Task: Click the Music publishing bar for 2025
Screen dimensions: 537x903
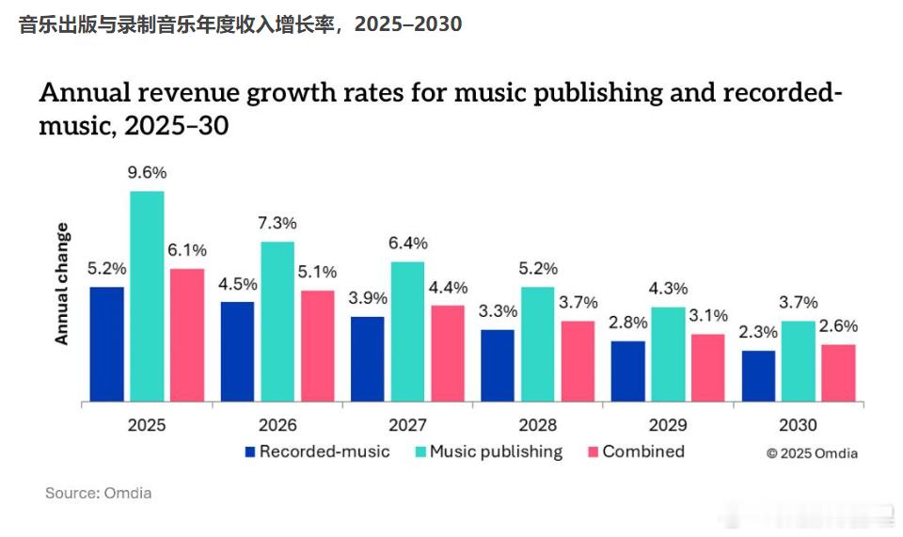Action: click(x=147, y=296)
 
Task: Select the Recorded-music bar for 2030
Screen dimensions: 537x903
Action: click(x=758, y=376)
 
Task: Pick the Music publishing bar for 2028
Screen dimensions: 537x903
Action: click(x=537, y=344)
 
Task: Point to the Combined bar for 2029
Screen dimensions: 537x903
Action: click(x=708, y=368)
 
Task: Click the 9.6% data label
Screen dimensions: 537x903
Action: click(x=147, y=172)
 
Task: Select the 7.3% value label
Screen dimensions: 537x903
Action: click(x=277, y=223)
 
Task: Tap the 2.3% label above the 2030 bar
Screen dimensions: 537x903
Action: click(x=758, y=332)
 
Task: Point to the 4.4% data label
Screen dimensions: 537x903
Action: click(x=448, y=287)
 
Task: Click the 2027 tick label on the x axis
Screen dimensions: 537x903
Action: click(x=407, y=425)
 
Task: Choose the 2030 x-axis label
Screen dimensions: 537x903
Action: click(x=798, y=425)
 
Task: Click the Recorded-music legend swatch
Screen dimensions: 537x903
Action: click(x=249, y=452)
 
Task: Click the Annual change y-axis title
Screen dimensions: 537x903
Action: click(x=62, y=284)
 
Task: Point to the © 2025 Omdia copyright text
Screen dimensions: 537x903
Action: click(x=812, y=453)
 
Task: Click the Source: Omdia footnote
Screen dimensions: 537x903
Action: click(x=98, y=493)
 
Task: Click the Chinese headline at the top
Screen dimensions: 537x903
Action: click(x=240, y=24)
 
